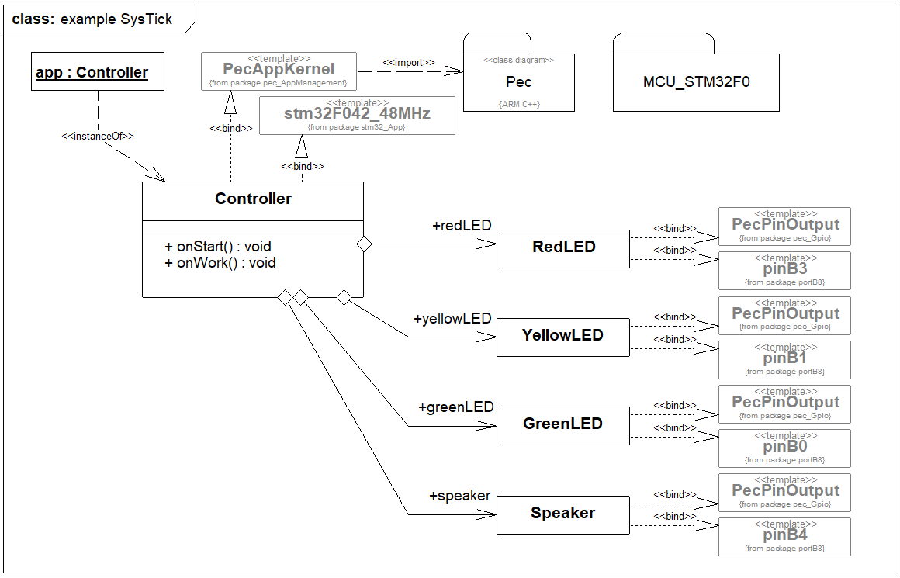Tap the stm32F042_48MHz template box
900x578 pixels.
coord(357,115)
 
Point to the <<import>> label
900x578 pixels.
coord(409,63)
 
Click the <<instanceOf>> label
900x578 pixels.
coord(98,137)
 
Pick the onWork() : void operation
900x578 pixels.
coord(220,262)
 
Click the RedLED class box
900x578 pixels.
coord(563,248)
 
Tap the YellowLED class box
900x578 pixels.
coord(563,337)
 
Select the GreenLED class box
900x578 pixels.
coord(563,425)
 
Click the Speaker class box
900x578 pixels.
coord(563,514)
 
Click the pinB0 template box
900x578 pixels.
coord(784,448)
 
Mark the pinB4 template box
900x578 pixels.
coord(784,536)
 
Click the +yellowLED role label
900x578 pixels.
coord(452,319)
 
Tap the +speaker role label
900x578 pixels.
coord(459,496)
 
